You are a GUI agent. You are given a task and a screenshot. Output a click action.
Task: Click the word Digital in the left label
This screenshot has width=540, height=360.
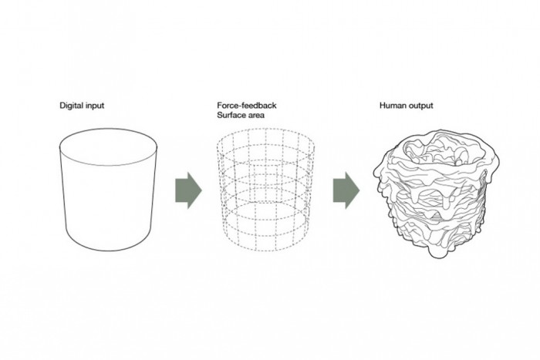click(70, 106)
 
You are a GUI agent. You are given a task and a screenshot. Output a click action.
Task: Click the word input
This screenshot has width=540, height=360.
click(93, 106)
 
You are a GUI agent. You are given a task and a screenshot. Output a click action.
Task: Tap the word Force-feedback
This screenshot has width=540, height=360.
click(247, 105)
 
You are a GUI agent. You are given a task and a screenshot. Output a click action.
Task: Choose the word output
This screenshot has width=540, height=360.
click(420, 106)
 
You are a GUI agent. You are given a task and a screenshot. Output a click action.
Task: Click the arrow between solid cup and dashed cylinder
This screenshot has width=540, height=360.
click(188, 190)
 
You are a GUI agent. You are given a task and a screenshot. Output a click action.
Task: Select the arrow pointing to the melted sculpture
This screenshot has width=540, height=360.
click(346, 190)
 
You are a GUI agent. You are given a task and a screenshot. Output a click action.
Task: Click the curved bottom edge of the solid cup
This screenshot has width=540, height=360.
click(109, 251)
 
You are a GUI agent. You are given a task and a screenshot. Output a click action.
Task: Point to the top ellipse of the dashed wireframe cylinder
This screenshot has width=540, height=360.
click(265, 129)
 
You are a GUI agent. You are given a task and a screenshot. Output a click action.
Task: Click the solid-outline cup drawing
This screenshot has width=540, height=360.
click(109, 190)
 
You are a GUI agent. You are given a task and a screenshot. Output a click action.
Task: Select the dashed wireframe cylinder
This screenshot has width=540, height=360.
click(265, 190)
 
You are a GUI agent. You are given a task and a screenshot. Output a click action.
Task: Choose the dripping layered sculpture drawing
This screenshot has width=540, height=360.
click(437, 193)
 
